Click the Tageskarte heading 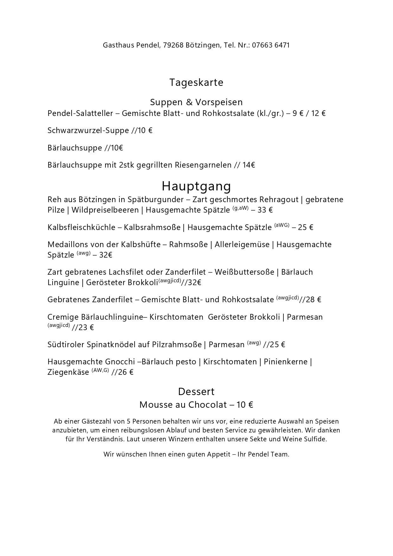[x=196, y=82]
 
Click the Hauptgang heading [x=196, y=186]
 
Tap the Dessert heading [x=196, y=392]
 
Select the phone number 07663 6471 [x=271, y=45]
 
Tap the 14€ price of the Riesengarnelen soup [x=249, y=165]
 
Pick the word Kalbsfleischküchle [x=81, y=227]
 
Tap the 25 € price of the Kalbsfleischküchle [x=306, y=227]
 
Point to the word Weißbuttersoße [x=244, y=272]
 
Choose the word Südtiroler [x=66, y=345]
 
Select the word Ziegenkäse [x=68, y=372]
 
